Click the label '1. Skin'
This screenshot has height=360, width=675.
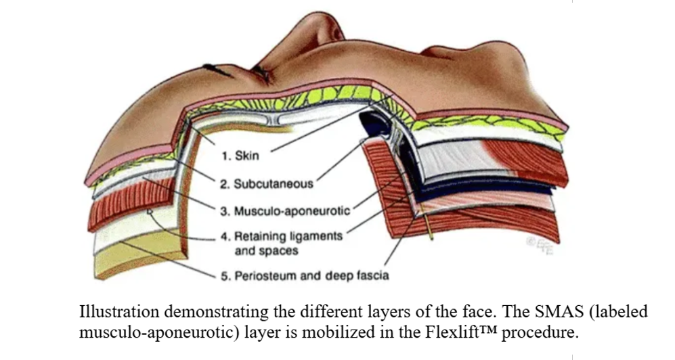point(240,155)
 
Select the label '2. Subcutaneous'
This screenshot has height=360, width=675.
point(267,184)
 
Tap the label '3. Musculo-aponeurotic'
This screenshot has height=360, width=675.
point(285,211)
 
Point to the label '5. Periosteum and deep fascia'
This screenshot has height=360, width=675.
point(305,275)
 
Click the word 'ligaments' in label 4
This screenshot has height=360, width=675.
point(316,237)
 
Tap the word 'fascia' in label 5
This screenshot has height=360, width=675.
point(373,275)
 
